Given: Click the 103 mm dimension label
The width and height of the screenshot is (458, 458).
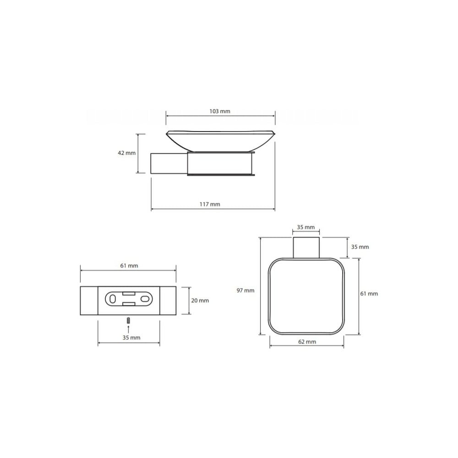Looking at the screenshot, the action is (220, 111).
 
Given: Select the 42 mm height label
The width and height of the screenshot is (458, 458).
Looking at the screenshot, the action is (126, 153).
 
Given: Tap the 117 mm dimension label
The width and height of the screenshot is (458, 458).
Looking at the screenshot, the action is (210, 204).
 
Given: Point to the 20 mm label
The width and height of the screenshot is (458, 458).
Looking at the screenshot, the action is (200, 300).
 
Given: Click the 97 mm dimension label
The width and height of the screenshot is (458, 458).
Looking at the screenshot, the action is (245, 290).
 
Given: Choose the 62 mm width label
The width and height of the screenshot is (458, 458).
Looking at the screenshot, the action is (307, 342).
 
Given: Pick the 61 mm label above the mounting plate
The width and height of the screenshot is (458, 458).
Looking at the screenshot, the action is (129, 266).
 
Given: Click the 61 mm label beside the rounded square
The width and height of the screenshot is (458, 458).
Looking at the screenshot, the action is (369, 294).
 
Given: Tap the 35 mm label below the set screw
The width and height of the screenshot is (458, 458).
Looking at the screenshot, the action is (131, 338).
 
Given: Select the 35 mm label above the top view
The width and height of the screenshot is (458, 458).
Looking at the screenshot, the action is (306, 227).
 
